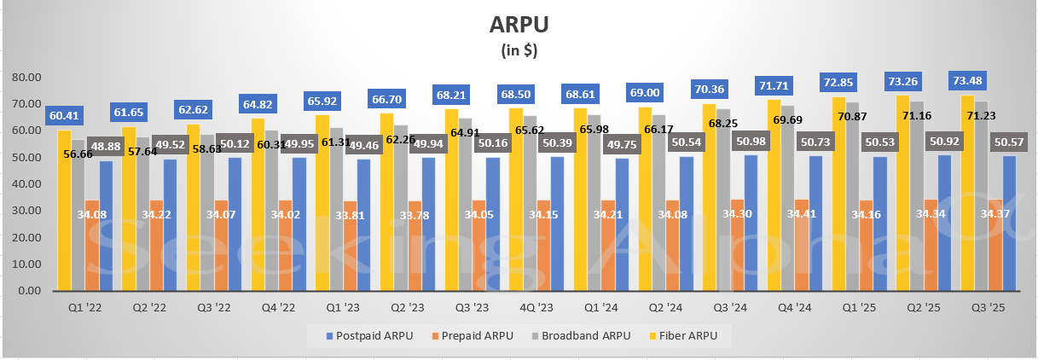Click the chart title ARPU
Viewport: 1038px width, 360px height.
519,23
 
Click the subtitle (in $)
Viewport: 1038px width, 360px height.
519,49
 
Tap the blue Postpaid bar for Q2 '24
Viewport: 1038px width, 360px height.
687,226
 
